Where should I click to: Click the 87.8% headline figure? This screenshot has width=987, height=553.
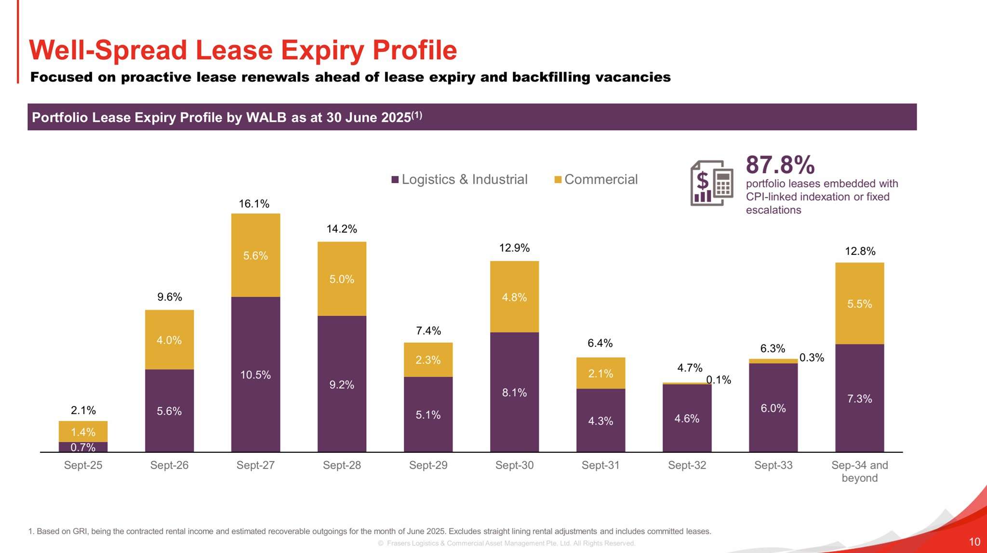click(780, 165)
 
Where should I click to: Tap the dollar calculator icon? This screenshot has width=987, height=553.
click(712, 183)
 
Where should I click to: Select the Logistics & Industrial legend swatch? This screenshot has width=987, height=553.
click(395, 180)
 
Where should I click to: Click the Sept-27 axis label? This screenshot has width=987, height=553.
click(255, 465)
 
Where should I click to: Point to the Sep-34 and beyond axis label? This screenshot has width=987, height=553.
click(859, 472)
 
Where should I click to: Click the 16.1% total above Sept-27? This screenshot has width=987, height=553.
click(254, 204)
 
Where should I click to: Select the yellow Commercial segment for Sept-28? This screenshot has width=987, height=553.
click(342, 278)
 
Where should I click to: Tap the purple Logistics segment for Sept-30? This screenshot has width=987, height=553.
click(514, 392)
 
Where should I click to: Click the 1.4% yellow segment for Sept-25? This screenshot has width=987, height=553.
click(83, 432)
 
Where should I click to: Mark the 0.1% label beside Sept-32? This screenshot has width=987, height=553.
click(719, 380)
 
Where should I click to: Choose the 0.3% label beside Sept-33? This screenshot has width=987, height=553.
click(812, 357)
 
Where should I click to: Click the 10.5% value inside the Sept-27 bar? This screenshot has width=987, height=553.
click(255, 375)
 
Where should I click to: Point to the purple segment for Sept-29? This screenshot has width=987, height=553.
click(428, 414)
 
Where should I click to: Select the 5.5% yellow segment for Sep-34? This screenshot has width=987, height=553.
click(859, 303)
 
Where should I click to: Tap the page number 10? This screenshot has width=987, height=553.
click(974, 542)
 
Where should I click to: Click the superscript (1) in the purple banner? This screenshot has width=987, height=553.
click(417, 115)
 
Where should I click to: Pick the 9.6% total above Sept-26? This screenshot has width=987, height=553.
click(170, 297)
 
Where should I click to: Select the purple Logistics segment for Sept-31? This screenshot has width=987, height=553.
click(600, 421)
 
